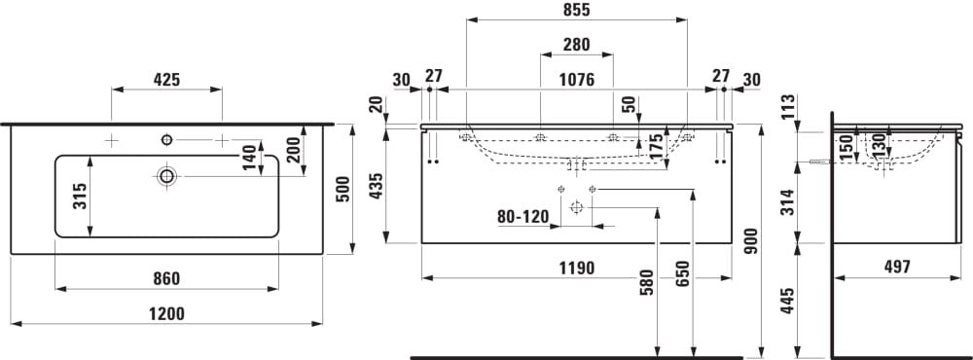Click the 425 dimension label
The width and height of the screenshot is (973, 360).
click(166, 80)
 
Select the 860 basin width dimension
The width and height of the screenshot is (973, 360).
click(167, 278)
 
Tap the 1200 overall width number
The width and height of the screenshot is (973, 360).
click(167, 313)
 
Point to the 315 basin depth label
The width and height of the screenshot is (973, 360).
click(80, 197)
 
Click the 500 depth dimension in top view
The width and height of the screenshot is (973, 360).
click(342, 190)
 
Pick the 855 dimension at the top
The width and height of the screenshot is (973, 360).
click(576, 10)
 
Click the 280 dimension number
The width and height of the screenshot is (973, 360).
click(576, 45)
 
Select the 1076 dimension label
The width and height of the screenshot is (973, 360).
click(576, 80)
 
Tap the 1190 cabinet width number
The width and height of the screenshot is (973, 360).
click(576, 269)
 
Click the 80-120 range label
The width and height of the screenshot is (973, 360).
click(523, 217)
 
